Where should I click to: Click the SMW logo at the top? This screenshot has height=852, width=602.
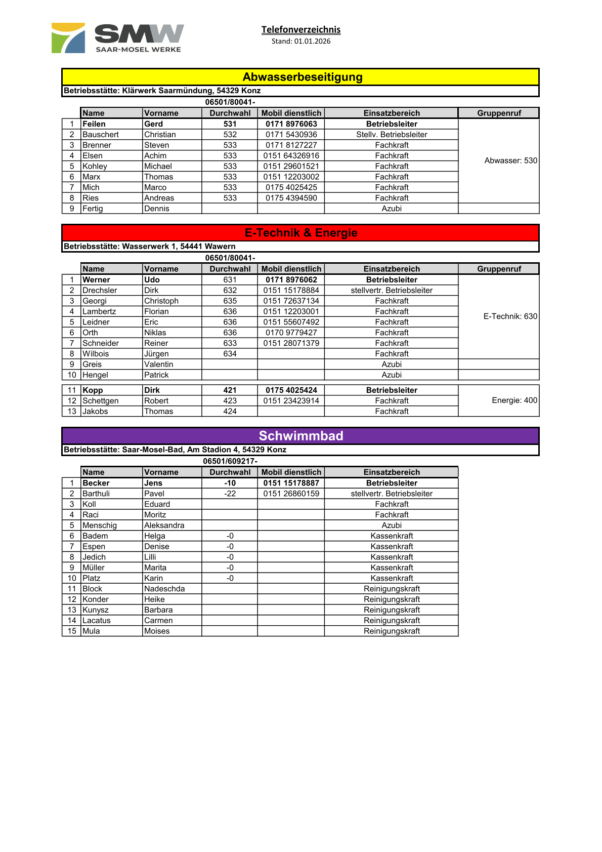point(118,38)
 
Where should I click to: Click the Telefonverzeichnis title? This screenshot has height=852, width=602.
point(300,29)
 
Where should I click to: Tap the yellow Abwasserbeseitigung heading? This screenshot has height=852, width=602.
point(302,77)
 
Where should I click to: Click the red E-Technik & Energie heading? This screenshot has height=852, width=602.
point(300,233)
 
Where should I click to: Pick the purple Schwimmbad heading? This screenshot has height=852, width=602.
point(300,436)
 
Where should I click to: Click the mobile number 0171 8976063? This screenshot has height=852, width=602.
point(291,124)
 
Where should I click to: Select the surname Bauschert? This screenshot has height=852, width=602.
point(101,135)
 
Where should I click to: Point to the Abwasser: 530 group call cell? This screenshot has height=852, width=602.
point(510,160)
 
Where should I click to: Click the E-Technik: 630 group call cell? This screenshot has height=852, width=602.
point(510,316)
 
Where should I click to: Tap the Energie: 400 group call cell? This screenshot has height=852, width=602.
point(514,400)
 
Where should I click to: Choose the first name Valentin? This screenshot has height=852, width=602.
point(158,364)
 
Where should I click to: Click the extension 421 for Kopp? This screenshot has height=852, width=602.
point(230,390)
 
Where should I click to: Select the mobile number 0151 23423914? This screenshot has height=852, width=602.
point(291,401)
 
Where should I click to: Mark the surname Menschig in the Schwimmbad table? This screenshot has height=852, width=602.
point(100,525)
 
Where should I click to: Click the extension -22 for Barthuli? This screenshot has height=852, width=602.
point(230,494)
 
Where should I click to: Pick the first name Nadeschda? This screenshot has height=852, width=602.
point(164,589)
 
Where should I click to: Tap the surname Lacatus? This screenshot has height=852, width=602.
point(96,621)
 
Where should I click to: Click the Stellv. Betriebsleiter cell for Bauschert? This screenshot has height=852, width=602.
point(392,135)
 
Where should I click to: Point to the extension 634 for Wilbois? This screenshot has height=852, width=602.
point(230,354)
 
